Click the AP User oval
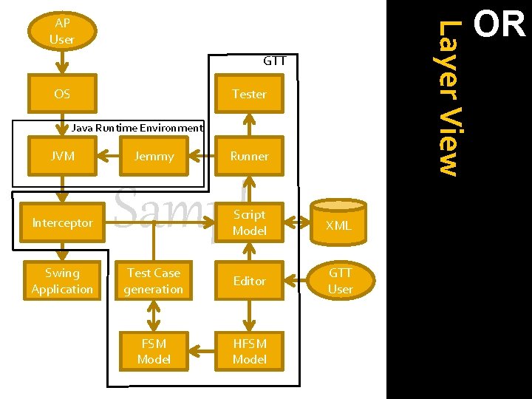[62, 31]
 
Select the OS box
[62, 94]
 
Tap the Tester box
[249, 94]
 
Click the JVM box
[62, 156]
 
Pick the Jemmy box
[154, 156]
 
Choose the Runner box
[249, 156]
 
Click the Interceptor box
[62, 222]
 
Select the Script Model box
[249, 222]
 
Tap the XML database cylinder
[338, 222]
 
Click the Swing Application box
[62, 281]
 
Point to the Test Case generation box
[154, 281]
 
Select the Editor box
[249, 281]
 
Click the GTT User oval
[340, 281]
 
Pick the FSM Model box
[154, 351]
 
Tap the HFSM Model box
[249, 351]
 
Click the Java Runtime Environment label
[137, 128]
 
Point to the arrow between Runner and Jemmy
[199, 156]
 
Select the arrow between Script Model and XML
[299, 221]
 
